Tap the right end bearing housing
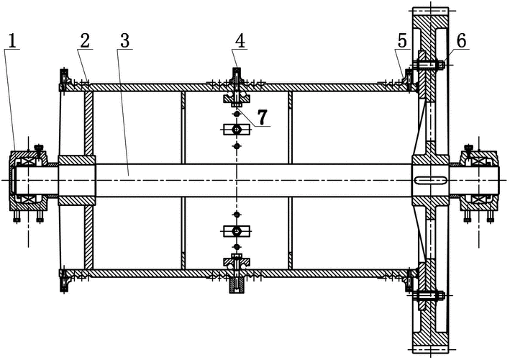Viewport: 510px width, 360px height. tap(478, 180)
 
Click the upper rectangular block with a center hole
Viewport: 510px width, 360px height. tap(236, 130)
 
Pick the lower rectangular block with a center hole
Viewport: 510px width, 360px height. tap(236, 231)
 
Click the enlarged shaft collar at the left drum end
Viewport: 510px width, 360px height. tap(76, 179)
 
